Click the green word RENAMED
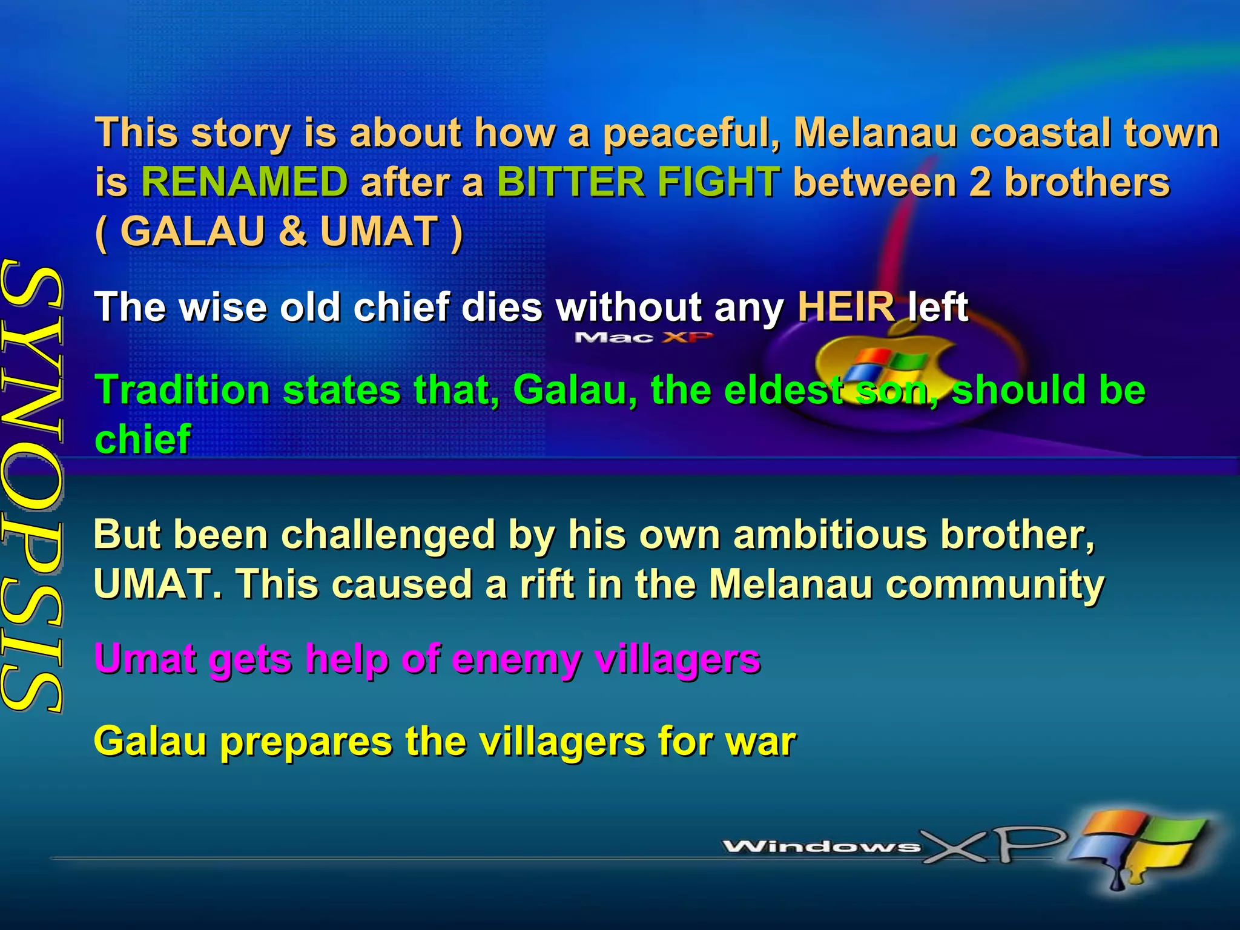tap(245, 182)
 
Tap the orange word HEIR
tap(845, 306)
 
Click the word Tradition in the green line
tap(182, 389)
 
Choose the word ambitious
tap(830, 535)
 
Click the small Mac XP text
tap(643, 337)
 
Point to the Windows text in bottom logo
tap(820, 846)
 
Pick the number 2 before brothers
tap(980, 182)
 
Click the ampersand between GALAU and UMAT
tap(292, 231)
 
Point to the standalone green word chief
tap(143, 439)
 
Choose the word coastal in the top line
tap(1040, 133)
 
